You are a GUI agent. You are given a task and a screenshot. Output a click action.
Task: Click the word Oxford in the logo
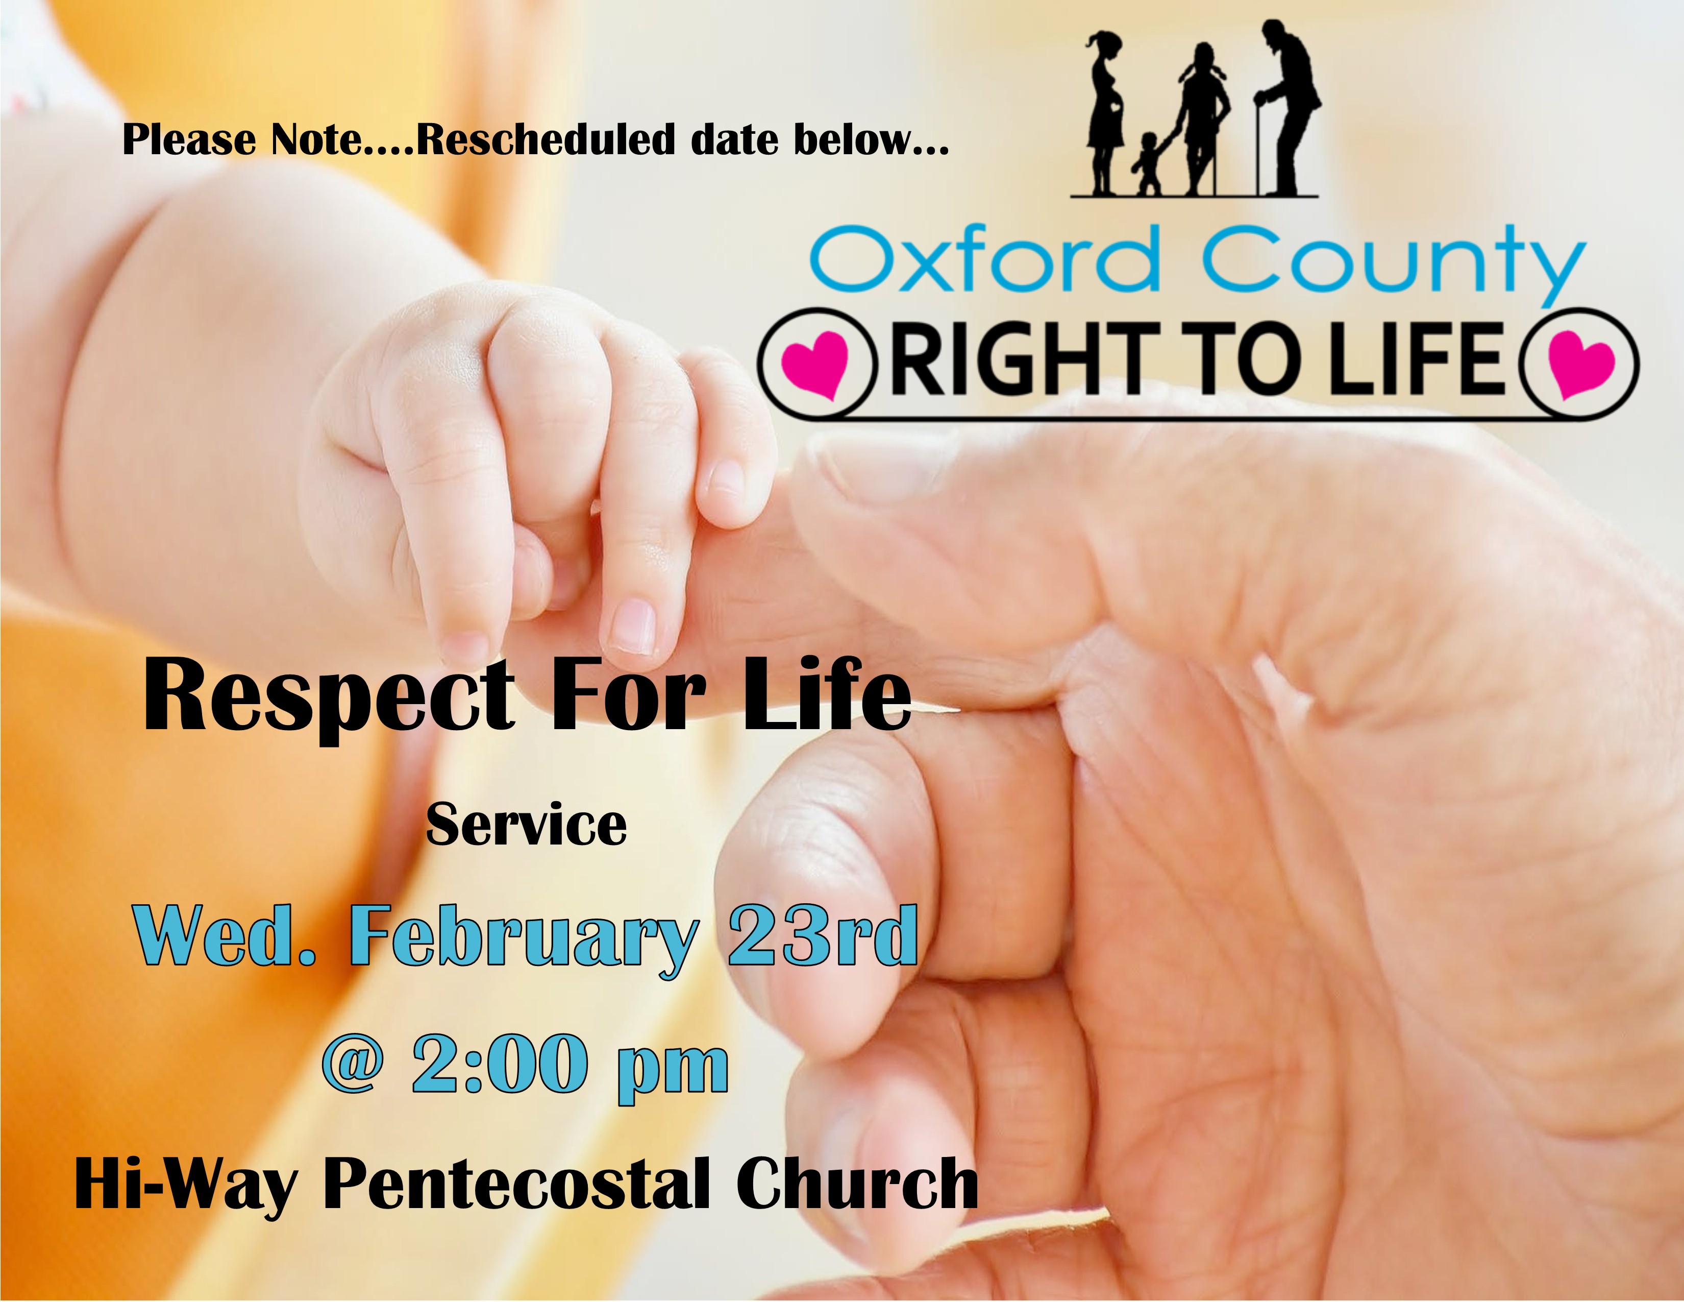coord(985,258)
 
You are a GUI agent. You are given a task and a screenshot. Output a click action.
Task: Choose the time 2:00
coord(498,1065)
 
